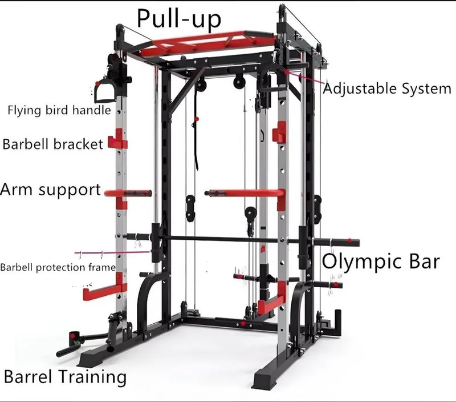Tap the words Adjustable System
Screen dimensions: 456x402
pos(387,89)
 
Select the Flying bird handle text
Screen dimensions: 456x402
pos(59,111)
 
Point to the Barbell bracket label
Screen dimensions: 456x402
pos(52,144)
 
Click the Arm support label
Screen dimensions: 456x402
pos(50,190)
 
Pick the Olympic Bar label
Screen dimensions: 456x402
pos(380,262)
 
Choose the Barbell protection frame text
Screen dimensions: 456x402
pos(58,267)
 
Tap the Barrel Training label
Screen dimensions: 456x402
pos(65,377)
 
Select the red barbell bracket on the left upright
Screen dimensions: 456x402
pos(118,139)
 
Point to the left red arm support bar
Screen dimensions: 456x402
pos(128,193)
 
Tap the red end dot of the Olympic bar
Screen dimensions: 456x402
pos(349,241)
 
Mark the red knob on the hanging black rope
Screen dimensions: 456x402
pos(197,119)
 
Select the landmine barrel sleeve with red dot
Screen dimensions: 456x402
pos(73,337)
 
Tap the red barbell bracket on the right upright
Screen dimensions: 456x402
pos(279,132)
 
